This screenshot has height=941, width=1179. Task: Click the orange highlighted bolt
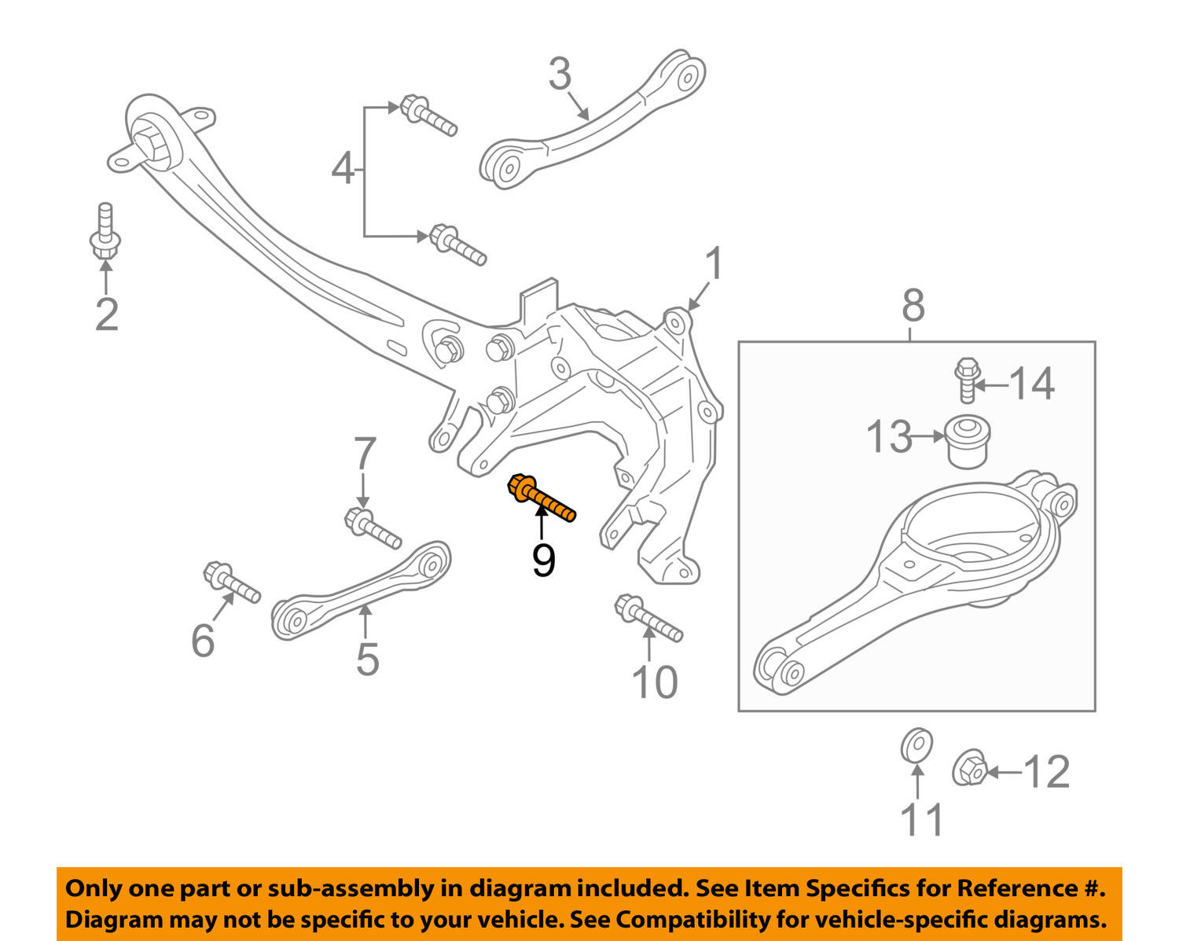(x=541, y=498)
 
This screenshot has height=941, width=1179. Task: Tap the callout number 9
(x=543, y=561)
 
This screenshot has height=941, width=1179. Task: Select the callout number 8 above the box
(x=913, y=306)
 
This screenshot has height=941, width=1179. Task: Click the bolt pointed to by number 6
(x=231, y=583)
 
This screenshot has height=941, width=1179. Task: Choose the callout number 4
(x=343, y=169)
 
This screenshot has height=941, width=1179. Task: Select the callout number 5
(x=367, y=659)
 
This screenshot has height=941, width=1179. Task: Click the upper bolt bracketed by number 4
(x=428, y=116)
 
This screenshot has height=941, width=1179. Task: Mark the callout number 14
(x=1031, y=384)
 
